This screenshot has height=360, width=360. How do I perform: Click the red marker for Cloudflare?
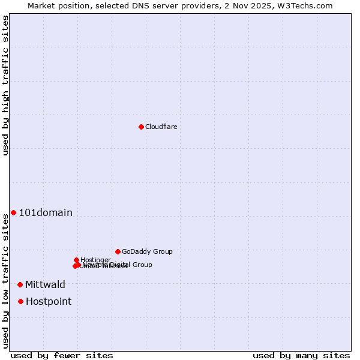click(141, 127)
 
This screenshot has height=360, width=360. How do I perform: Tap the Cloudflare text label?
click(161, 127)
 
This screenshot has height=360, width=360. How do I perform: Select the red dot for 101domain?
click(13, 212)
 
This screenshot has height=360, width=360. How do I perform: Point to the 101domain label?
click(46, 212)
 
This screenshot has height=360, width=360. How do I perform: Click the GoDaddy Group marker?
click(118, 251)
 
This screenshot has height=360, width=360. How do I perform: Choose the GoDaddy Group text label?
click(147, 251)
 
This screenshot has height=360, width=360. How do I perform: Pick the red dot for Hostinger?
click(76, 260)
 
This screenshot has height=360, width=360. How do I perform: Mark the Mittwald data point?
click(20, 284)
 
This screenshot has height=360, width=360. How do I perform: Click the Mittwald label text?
click(45, 284)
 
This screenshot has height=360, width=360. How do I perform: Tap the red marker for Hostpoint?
click(20, 301)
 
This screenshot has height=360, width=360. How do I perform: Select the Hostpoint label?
click(49, 301)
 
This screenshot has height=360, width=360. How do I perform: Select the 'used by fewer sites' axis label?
click(62, 355)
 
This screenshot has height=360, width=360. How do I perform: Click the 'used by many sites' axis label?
click(301, 355)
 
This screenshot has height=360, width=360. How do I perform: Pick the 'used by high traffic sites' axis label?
click(5, 85)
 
